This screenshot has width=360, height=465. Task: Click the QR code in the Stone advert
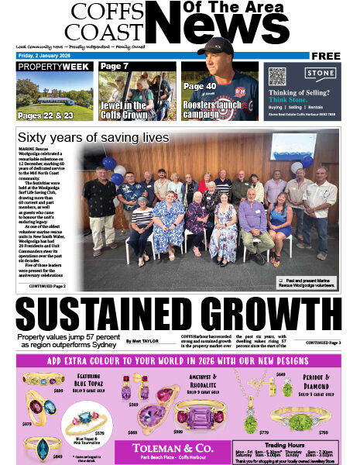click(x=278, y=76)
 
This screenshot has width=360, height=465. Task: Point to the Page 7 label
click(x=114, y=67)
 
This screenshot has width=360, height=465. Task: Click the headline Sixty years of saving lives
click(x=92, y=137)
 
